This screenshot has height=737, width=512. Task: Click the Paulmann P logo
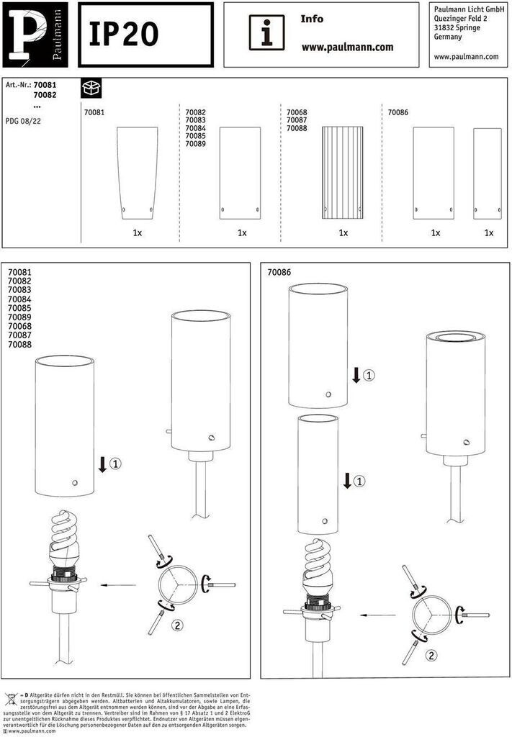(37, 35)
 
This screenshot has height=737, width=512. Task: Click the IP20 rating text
(124, 35)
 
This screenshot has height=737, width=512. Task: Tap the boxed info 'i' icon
(267, 32)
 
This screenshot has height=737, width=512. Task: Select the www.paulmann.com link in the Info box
(347, 48)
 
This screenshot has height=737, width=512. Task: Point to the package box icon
(91, 88)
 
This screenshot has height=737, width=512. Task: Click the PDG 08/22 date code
(23, 122)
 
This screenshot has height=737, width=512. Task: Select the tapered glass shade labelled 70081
(136, 173)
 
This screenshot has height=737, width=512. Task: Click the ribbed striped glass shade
(343, 173)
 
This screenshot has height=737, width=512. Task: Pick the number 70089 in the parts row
(195, 144)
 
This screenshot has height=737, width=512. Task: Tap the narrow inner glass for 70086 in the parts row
(487, 173)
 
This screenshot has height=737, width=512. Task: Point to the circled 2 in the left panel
(177, 625)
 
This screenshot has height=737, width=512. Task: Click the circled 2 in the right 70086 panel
(431, 656)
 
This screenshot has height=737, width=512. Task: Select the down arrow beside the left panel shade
(102, 464)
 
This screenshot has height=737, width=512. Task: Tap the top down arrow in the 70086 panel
(356, 375)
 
